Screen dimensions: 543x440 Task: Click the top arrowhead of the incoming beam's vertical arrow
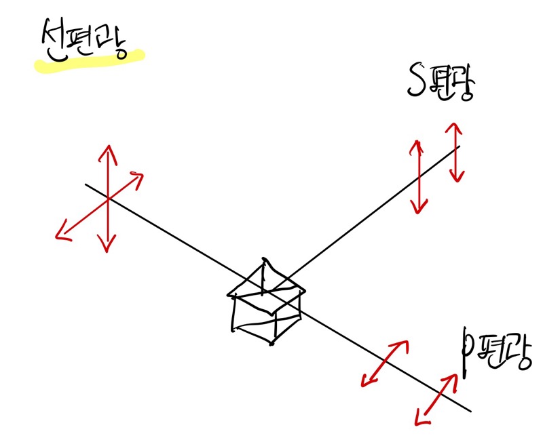click(x=107, y=151)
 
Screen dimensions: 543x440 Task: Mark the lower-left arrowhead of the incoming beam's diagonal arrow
click(x=60, y=235)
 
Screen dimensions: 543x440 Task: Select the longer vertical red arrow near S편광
click(x=419, y=176)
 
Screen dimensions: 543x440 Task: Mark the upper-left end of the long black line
click(x=86, y=184)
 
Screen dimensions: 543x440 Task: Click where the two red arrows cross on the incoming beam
click(x=107, y=198)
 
